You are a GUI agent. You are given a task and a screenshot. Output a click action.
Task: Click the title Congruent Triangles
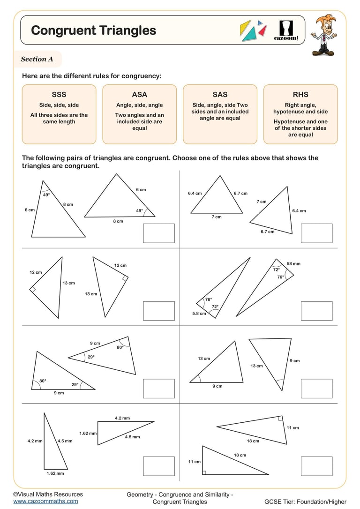93,30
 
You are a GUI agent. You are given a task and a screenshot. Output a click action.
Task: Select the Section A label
37,60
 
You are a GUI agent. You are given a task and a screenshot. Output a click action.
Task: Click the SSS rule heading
59,95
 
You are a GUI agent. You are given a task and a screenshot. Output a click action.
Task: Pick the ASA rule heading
139,95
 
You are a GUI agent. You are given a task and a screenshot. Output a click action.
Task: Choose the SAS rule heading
220,95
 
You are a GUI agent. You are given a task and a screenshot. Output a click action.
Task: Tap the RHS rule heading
300,95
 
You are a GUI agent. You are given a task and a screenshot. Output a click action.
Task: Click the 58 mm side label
293,264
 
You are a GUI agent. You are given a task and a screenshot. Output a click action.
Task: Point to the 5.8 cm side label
199,314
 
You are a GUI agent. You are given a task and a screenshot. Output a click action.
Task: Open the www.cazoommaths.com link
45,501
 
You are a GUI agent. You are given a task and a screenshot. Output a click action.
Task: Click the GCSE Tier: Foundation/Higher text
305,502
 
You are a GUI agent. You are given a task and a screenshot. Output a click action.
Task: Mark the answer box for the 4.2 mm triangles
158,466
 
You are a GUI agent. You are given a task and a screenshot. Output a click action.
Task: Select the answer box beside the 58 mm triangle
316,311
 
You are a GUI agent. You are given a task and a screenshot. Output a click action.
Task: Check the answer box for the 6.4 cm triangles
316,233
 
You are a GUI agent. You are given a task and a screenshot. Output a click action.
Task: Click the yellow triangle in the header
245,30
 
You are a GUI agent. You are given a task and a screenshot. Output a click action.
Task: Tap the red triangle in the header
263,31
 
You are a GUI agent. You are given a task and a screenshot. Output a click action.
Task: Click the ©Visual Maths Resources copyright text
48,494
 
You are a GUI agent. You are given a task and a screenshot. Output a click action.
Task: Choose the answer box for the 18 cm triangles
316,466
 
